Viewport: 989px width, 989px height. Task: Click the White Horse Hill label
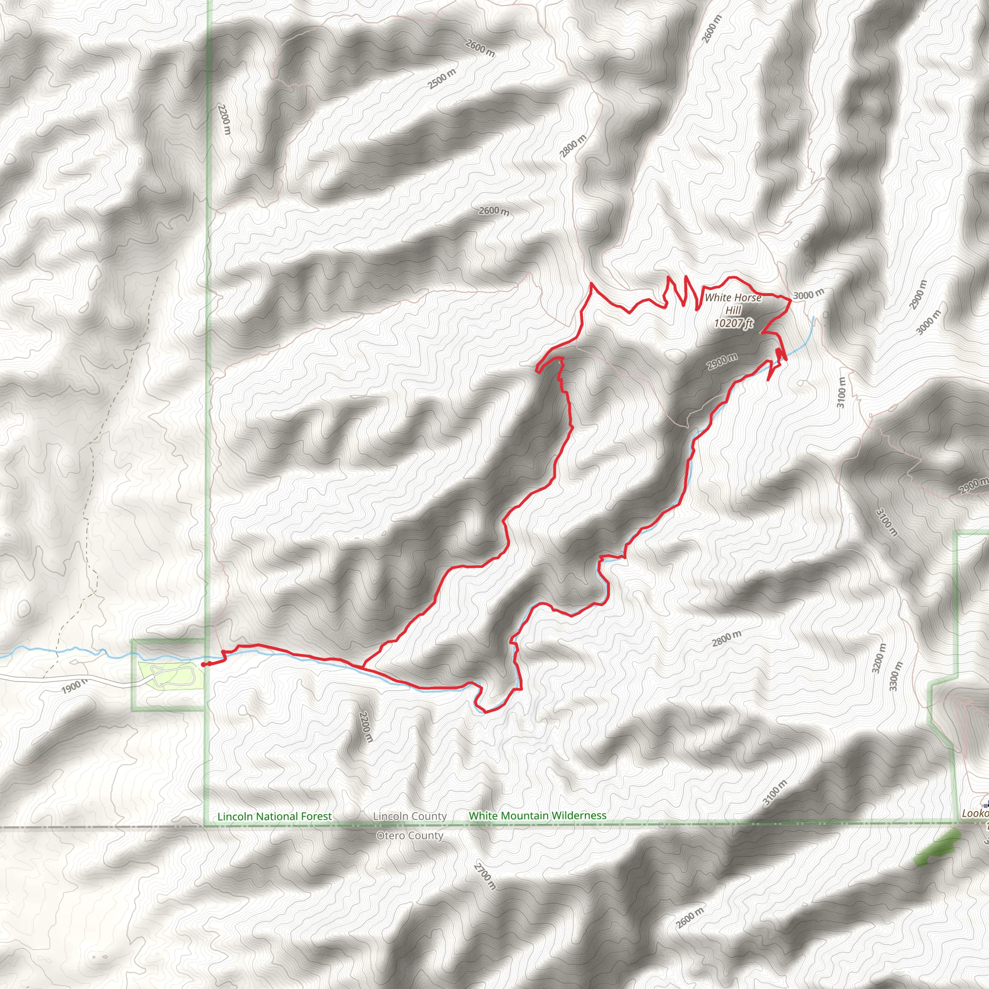click(733, 304)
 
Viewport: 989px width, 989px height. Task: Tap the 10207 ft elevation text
click(734, 323)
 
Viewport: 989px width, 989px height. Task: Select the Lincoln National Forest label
click(274, 817)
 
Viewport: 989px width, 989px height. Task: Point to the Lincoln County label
click(410, 816)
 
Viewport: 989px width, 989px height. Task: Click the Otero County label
click(410, 836)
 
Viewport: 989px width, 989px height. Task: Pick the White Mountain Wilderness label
click(537, 816)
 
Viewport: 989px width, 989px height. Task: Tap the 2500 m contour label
click(442, 79)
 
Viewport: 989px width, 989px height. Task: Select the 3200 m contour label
click(878, 658)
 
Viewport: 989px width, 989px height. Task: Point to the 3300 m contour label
click(896, 676)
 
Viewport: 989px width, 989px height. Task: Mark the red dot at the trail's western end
click(204, 664)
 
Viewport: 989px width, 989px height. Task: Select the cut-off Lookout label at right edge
click(975, 813)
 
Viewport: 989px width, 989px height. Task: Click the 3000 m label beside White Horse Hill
click(809, 295)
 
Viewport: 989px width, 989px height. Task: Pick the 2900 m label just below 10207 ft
click(722, 361)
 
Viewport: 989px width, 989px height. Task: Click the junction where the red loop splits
click(363, 667)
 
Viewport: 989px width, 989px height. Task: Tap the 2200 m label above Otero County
click(366, 727)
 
